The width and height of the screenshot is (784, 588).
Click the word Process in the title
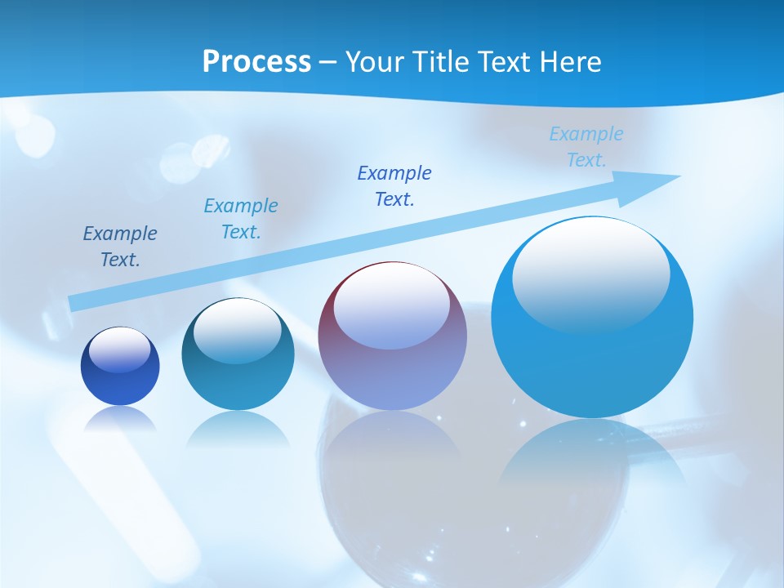coord(256,62)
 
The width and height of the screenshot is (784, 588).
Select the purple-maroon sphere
coord(393,367)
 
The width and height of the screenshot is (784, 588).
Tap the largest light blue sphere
coord(592,359)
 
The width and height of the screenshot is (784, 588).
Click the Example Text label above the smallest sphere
coord(120,247)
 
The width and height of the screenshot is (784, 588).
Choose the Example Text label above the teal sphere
coord(241,219)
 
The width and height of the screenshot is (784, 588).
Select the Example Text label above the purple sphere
coord(394,186)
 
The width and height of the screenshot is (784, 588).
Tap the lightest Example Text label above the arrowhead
coord(586,147)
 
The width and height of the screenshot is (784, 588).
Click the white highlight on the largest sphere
coord(590,272)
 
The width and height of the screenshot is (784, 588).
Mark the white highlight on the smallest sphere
coord(119,350)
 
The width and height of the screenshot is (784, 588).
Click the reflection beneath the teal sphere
coord(238,429)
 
